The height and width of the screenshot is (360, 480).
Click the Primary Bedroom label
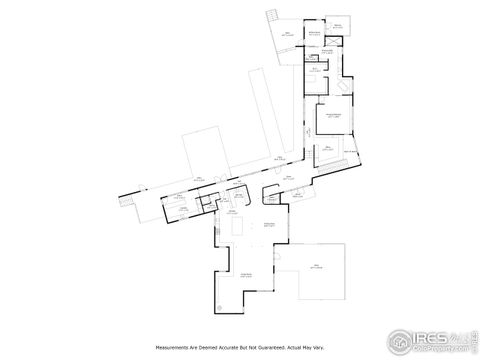tap(335, 117)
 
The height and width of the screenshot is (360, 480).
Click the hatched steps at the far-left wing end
tap(124, 200)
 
